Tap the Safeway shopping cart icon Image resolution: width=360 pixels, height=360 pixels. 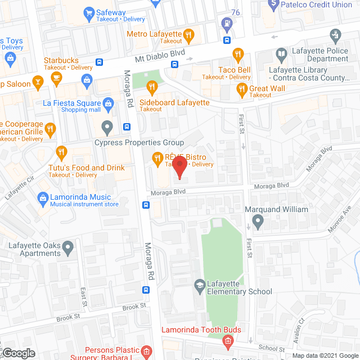[x=88, y=12]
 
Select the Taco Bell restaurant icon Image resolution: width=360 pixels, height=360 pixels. [x=238, y=55]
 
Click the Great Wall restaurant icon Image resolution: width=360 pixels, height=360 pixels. [x=242, y=88]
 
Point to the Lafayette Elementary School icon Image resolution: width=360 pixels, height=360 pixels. [x=199, y=286]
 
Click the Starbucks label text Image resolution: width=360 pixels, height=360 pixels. [x=61, y=60]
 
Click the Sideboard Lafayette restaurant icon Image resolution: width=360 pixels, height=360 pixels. [x=151, y=86]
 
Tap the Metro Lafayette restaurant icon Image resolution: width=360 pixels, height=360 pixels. [x=189, y=34]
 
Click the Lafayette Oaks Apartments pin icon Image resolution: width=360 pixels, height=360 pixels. [x=68, y=246]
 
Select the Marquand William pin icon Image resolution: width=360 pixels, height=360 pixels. [x=258, y=222]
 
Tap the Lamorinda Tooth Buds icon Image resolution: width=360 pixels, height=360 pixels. [x=228, y=341]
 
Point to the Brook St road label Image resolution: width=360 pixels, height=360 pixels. [x=134, y=307]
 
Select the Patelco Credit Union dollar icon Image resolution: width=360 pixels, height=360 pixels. [x=273, y=3]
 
